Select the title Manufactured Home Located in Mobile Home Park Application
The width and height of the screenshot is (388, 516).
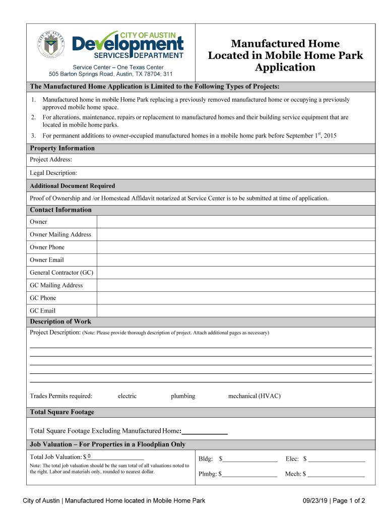pyautogui.click(x=285, y=55)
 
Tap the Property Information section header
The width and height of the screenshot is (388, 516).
pyautogui.click(x=62, y=148)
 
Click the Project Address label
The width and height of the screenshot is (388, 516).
pyautogui.click(x=51, y=160)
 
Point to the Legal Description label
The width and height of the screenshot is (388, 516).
pyautogui.click(x=53, y=173)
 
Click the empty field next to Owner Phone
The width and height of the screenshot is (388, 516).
pyautogui.click(x=235, y=247)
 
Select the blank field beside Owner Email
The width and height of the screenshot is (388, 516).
pyautogui.click(x=235, y=260)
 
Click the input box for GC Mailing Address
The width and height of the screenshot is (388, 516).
pyautogui.click(x=235, y=285)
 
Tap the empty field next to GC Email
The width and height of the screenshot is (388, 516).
pyautogui.click(x=235, y=310)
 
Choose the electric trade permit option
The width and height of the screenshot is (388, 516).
pyautogui.click(x=127, y=396)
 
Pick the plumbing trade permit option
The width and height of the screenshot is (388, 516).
pyautogui.click(x=183, y=396)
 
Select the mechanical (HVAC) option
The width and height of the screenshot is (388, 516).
pyautogui.click(x=254, y=396)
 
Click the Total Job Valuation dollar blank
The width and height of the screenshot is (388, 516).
pyautogui.click(x=115, y=457)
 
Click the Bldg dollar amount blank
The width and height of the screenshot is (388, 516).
pyautogui.click(x=250, y=459)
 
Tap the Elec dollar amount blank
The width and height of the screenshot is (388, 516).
pyautogui.click(x=337, y=459)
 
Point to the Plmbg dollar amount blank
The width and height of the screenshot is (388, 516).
pyautogui.click(x=249, y=474)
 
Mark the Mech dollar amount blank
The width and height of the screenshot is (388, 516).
pyautogui.click(x=336, y=474)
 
